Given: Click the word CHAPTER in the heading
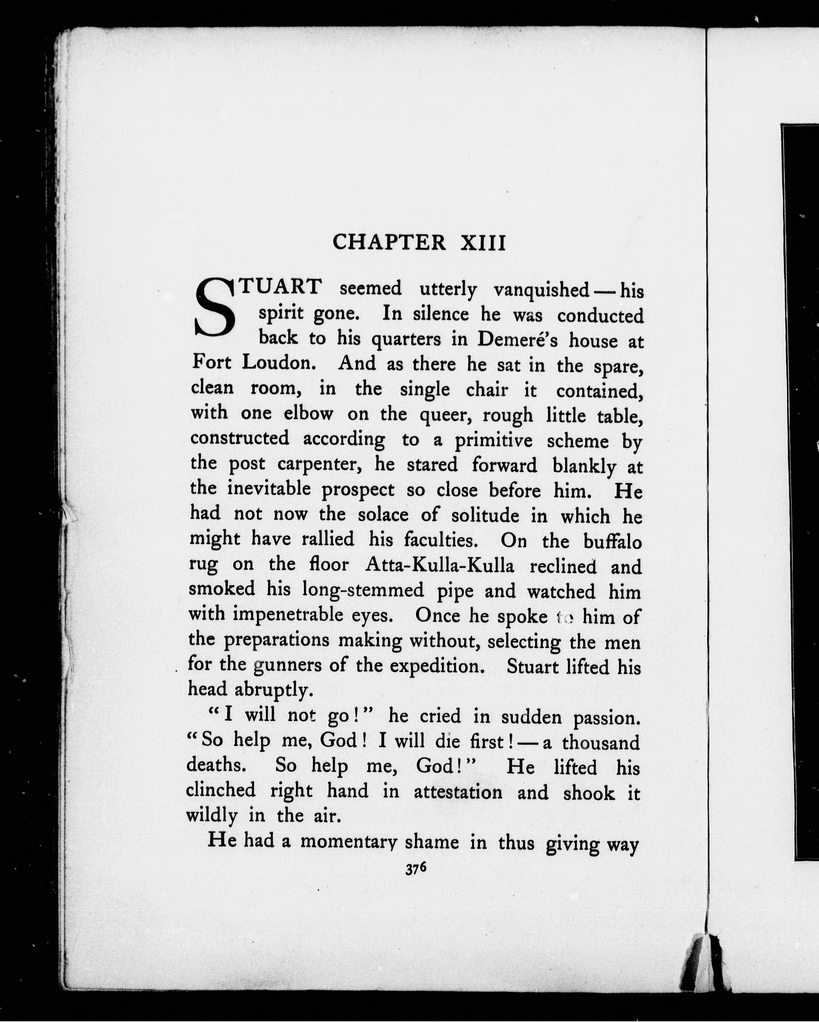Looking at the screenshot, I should click(x=389, y=243).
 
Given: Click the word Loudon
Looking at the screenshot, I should click(x=278, y=363).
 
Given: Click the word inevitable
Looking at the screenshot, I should click(x=269, y=489).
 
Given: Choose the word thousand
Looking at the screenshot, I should click(x=601, y=743).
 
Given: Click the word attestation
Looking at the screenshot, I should click(x=458, y=793).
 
